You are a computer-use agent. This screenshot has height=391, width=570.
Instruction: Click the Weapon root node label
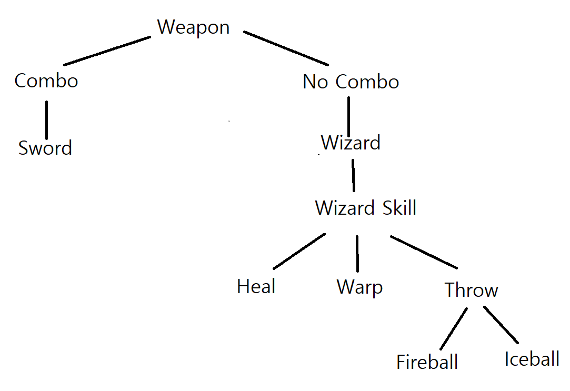[x=194, y=27]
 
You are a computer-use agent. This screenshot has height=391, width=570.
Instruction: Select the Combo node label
[x=46, y=81]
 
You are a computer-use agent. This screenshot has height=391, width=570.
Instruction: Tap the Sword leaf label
[x=45, y=148]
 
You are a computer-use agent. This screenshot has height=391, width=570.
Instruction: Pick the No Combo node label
[x=351, y=82]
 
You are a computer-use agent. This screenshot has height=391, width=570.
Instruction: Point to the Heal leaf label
[x=256, y=287]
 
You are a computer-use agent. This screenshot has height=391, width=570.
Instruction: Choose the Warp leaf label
[x=359, y=287]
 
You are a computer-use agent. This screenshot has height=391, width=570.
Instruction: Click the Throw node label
[x=471, y=290]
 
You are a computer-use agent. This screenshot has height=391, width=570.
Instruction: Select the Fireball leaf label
[x=427, y=362]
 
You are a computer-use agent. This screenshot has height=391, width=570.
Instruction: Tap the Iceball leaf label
[x=532, y=359]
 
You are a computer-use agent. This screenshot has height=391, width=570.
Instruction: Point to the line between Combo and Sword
[x=46, y=119]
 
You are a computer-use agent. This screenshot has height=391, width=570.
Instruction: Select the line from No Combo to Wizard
[x=348, y=116]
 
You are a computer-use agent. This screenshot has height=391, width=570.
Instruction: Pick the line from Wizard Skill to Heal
[x=299, y=250]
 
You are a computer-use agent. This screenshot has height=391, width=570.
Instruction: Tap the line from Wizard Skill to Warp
[x=357, y=253]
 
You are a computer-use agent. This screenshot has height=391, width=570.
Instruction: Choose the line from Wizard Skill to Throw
[x=424, y=252]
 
